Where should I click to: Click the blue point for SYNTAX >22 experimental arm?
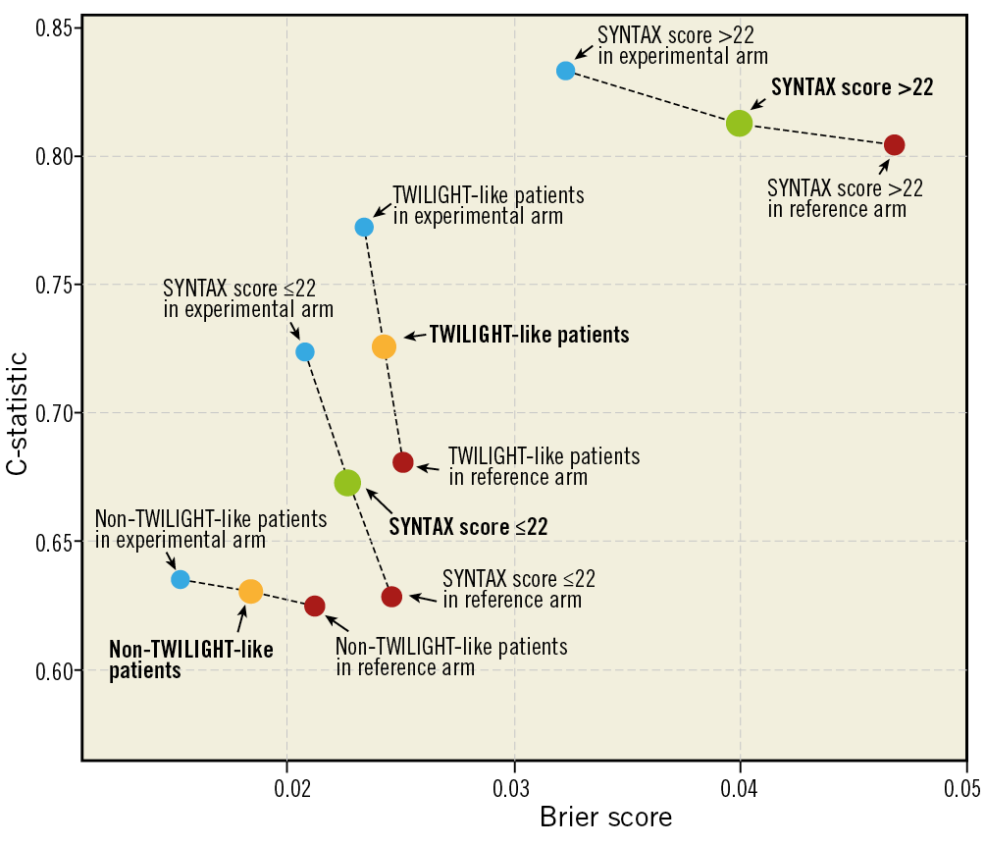coord(565,71)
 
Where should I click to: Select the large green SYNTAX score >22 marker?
coord(739,123)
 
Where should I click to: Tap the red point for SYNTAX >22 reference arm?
coord(894,145)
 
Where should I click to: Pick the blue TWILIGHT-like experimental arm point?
coord(364,227)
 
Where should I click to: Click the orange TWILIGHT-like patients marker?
coord(384,346)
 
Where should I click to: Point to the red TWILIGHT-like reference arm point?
coord(403,462)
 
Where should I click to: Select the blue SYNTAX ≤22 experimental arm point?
coord(305,351)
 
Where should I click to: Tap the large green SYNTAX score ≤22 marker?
coord(347,483)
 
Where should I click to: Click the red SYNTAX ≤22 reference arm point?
coord(391,597)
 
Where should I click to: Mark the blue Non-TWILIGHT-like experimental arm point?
coord(181,579)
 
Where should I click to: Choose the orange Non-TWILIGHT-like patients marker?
coord(250,591)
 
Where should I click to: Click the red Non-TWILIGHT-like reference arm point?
coord(315,606)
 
